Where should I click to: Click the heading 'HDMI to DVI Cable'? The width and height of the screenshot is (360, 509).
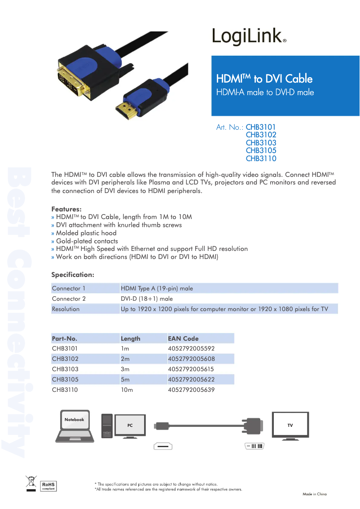(264, 79)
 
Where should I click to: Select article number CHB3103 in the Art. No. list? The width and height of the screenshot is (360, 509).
(261, 143)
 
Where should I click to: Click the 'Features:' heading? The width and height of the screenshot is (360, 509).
(66, 209)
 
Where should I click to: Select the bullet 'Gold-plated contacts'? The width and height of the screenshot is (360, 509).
(87, 241)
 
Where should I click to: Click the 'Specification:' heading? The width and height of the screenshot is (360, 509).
(73, 274)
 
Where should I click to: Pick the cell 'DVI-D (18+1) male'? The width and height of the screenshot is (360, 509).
(147, 298)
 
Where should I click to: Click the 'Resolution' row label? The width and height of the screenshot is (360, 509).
(66, 309)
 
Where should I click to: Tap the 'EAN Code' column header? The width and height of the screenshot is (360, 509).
(183, 338)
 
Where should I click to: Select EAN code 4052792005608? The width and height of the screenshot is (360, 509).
(191, 359)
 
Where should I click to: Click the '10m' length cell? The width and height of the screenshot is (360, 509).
(127, 390)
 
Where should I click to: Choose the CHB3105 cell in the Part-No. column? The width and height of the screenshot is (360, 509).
(65, 379)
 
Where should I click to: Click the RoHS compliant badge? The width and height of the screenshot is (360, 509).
(48, 486)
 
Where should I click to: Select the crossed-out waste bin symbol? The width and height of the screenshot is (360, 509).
(31, 483)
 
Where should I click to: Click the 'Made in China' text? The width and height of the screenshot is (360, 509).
(314, 494)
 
